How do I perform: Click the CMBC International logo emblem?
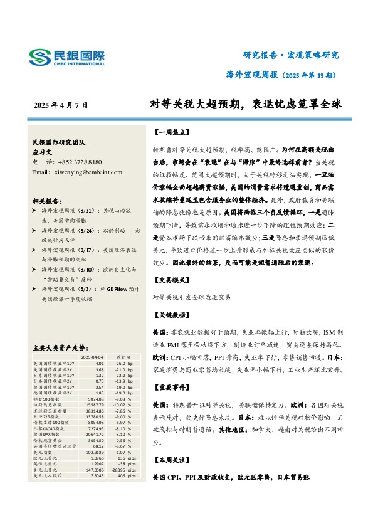pos(40,57)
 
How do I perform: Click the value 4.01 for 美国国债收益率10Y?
pos(99,363)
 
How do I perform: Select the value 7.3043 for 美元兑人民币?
pos(97,475)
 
